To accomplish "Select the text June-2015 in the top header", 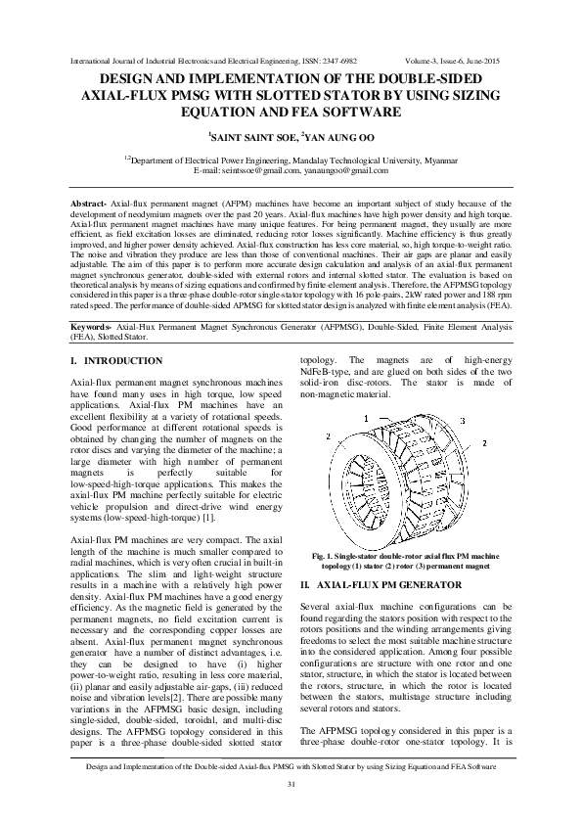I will (x=496, y=61).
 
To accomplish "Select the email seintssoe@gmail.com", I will (x=257, y=170).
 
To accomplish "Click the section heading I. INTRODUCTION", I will (x=116, y=360).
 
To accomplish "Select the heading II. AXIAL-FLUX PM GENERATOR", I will (x=380, y=583).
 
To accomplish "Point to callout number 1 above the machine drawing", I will (x=365, y=419).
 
